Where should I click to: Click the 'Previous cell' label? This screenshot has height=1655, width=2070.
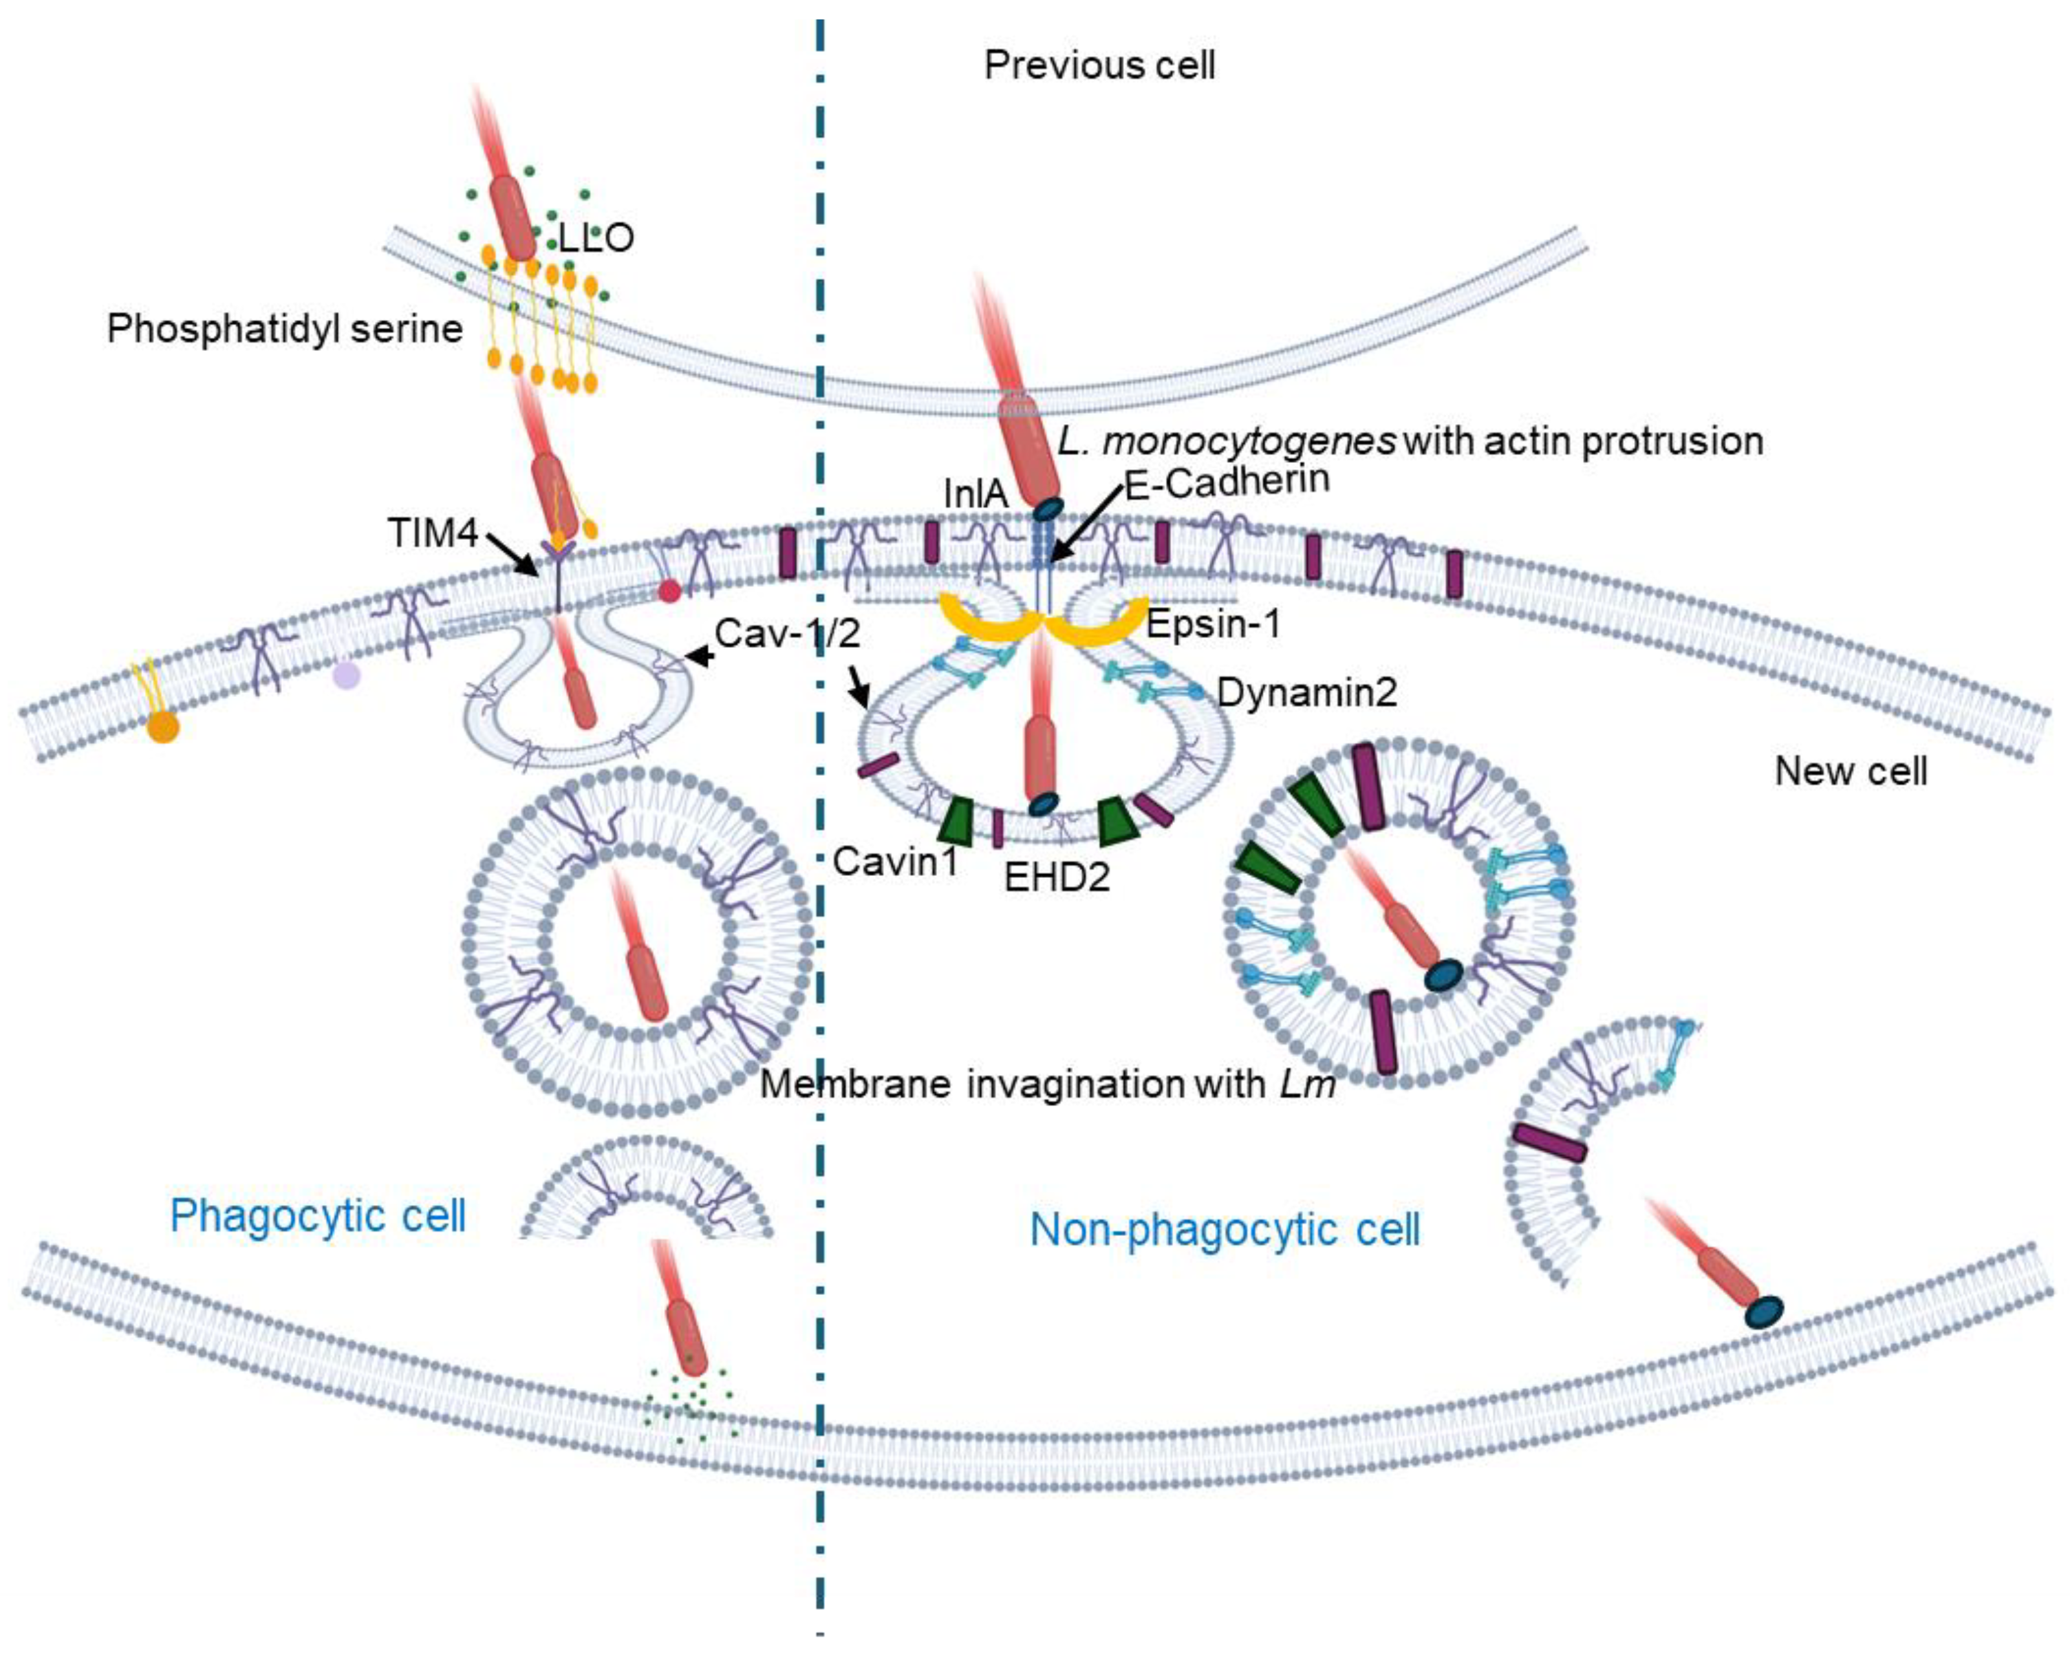[1099, 65]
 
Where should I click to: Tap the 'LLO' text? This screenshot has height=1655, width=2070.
[596, 237]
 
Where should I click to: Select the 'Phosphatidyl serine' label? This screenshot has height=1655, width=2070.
[285, 328]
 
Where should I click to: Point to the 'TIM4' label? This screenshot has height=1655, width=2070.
[433, 533]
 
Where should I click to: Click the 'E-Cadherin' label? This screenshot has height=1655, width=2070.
[1227, 480]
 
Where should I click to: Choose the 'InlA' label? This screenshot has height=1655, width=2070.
[975, 495]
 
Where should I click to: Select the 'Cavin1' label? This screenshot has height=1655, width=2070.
[895, 861]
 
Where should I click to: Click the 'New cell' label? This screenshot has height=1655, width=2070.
[1850, 771]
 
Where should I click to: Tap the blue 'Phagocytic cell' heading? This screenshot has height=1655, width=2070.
[318, 1216]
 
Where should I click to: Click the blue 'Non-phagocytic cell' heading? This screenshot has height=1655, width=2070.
[1224, 1230]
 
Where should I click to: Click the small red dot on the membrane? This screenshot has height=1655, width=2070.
[669, 592]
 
